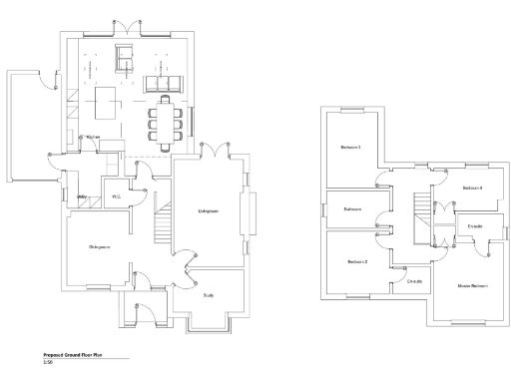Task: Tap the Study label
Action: [209, 295]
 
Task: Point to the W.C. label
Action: [117, 195]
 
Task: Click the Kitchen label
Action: [94, 137]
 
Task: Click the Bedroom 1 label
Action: [350, 149]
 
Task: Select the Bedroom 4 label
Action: [472, 188]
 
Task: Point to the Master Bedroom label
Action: [472, 286]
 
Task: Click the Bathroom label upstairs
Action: [352, 209]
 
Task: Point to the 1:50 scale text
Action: [48, 363]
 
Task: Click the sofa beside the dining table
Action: [163, 82]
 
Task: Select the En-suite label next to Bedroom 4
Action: [474, 226]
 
